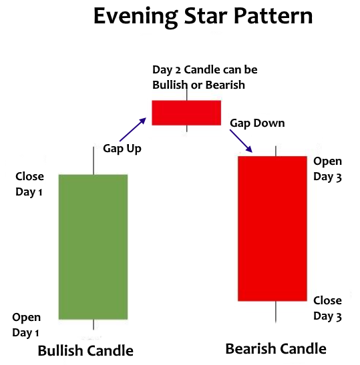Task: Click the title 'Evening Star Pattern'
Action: click(203, 17)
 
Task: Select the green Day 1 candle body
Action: click(94, 247)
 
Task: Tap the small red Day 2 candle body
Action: click(186, 113)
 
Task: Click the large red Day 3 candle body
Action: click(273, 229)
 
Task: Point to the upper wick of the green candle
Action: click(94, 161)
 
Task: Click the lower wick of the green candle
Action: click(94, 324)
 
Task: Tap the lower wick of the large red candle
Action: click(276, 312)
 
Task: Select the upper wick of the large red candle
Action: click(276, 151)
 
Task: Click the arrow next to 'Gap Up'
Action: click(133, 129)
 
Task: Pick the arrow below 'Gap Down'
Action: click(241, 141)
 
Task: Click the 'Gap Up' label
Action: click(122, 149)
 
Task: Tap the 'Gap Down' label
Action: click(257, 123)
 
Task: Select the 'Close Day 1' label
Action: click(29, 184)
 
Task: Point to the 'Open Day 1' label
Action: click(26, 325)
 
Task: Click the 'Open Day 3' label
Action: click(328, 169)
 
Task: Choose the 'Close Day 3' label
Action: click(328, 308)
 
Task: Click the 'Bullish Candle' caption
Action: click(85, 351)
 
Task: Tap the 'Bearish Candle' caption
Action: click(276, 349)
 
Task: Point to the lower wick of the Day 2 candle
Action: click(186, 129)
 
